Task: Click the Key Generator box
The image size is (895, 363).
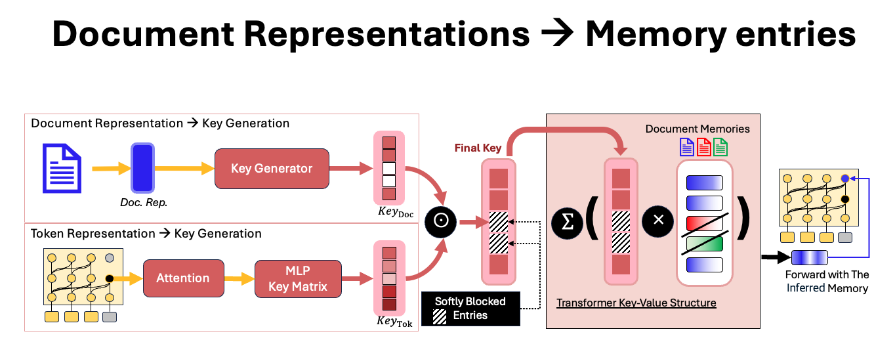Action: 272,169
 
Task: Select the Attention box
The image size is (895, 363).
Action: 183,278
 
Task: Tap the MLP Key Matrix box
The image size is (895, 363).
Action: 298,278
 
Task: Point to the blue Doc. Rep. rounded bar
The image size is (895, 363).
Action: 142,169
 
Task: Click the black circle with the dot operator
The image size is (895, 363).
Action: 441,221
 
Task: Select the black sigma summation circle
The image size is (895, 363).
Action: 566,222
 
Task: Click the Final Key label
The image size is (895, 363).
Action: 478,148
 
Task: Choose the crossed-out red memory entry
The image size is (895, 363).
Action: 704,223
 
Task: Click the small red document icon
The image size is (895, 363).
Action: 703,146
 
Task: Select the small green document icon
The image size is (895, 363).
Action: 720,146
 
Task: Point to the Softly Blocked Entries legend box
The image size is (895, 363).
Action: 470,309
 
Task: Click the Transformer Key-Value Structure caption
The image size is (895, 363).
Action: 636,303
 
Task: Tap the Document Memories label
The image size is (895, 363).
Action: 697,129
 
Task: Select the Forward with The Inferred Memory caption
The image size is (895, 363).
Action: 827,282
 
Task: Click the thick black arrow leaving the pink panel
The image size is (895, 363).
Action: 776,257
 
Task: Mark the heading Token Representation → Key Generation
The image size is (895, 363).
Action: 146,234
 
